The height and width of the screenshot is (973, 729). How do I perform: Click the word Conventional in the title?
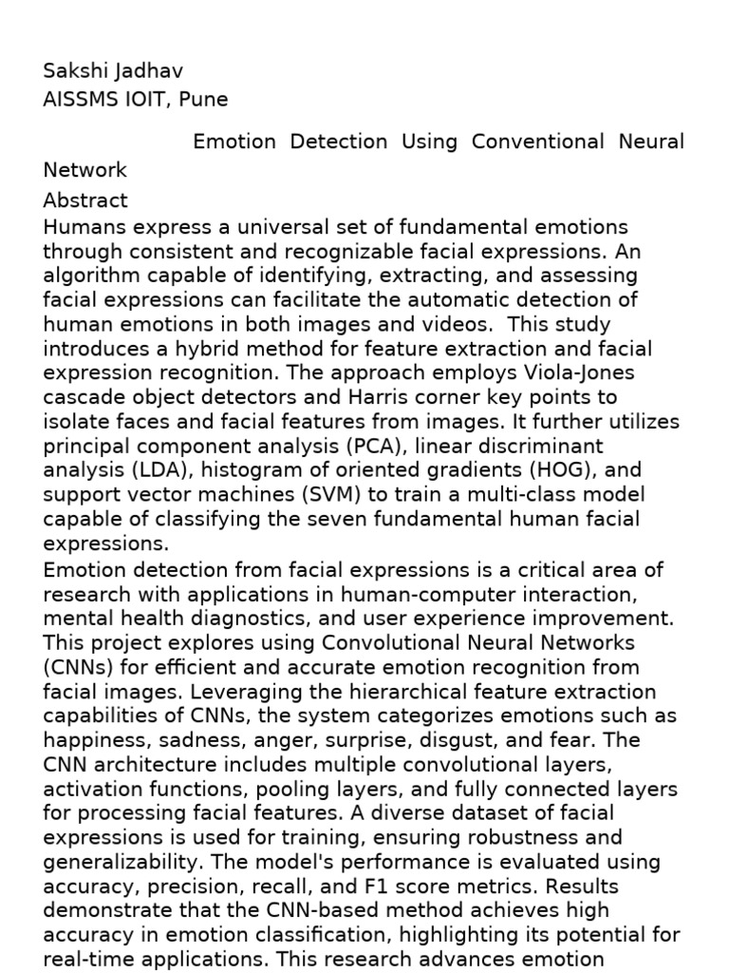[537, 142]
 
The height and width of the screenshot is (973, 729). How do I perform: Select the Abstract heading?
[85, 200]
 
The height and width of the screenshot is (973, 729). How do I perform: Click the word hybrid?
[188, 349]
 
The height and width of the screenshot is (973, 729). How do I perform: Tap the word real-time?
[84, 959]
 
